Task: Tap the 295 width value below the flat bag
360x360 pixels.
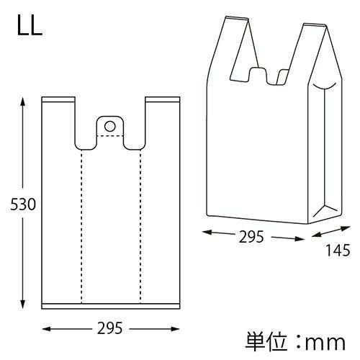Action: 111,328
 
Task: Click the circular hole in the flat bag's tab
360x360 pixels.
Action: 110,126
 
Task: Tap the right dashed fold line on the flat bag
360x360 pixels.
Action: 140,223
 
